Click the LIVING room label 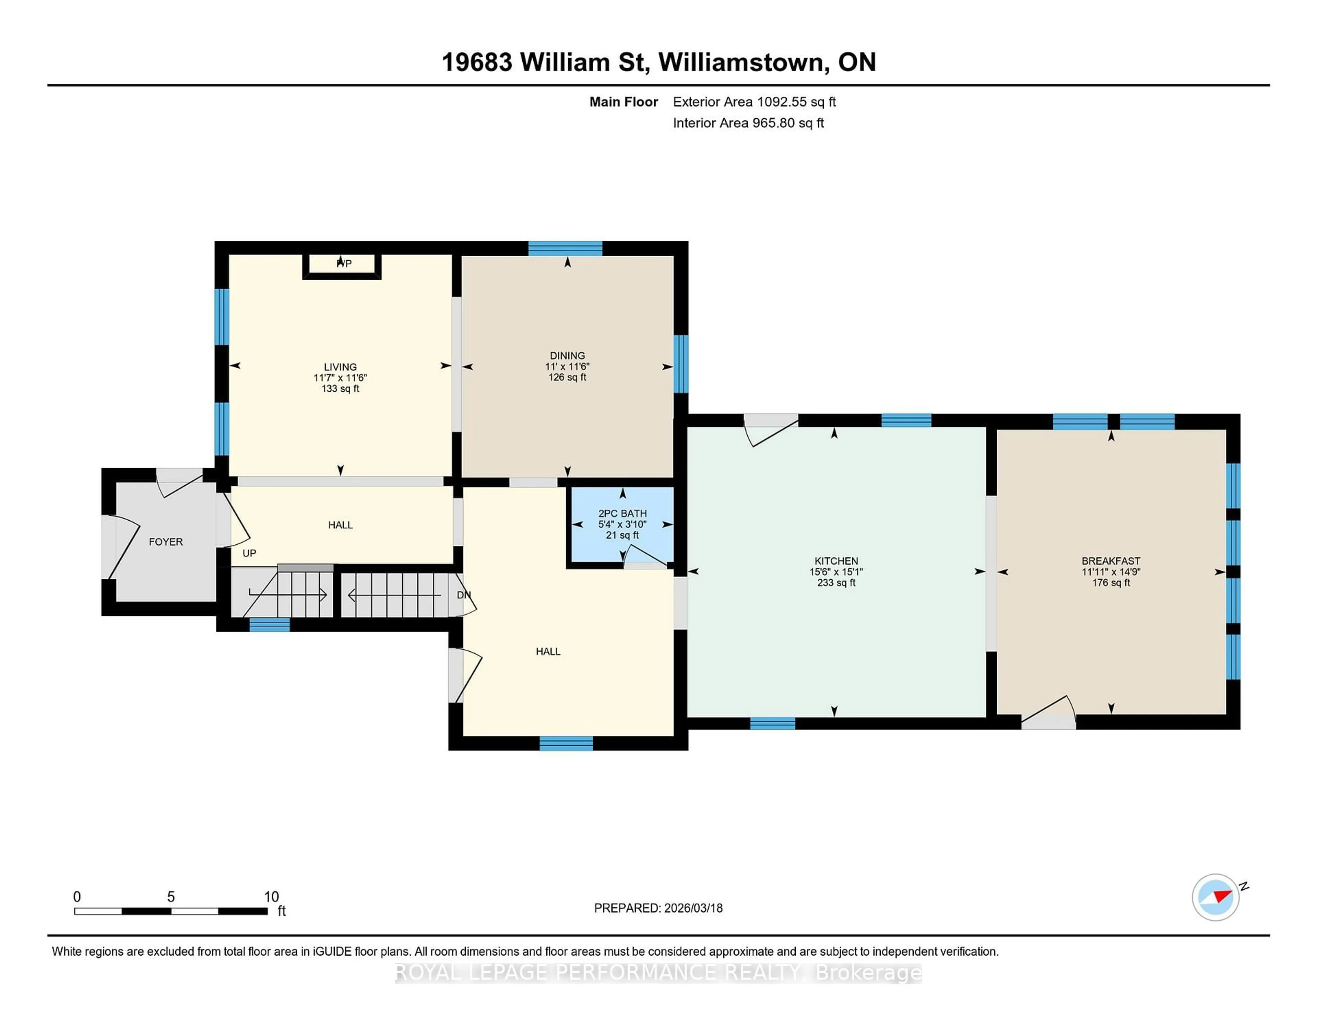(340, 367)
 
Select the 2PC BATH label (622, 513)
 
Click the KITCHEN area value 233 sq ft (836, 583)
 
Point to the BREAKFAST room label (1111, 561)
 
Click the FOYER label (166, 542)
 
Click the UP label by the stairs (249, 553)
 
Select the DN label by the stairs (463, 595)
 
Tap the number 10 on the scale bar (271, 897)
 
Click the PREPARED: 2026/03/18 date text (658, 908)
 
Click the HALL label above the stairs (340, 525)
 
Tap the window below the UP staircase (270, 625)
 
